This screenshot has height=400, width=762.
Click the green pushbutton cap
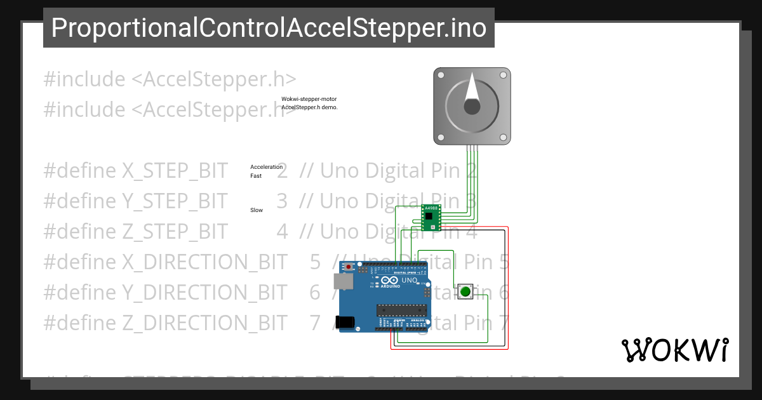tap(465, 292)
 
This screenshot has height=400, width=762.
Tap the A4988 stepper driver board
tap(432, 217)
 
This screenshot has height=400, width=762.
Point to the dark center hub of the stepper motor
tap(472, 107)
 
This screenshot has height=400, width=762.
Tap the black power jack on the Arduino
tap(345, 322)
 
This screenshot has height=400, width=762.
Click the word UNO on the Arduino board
tap(410, 280)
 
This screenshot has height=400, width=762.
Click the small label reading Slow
tap(257, 210)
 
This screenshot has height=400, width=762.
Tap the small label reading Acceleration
tap(266, 167)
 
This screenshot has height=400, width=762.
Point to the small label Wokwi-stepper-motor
tap(309, 99)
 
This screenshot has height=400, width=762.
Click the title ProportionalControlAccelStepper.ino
tap(269, 28)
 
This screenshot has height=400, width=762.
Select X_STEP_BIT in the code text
tap(173, 171)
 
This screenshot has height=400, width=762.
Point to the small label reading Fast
tap(256, 176)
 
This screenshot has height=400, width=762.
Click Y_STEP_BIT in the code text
tap(173, 201)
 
